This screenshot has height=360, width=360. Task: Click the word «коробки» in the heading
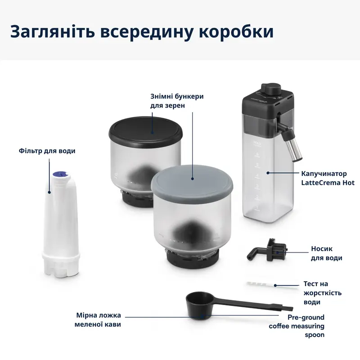[x=236, y=32]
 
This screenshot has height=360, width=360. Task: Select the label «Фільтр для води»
[x=47, y=151]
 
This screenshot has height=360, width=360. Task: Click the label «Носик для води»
[x=327, y=253]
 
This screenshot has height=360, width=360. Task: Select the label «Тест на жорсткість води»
[x=322, y=293]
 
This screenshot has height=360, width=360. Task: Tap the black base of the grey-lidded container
[x=194, y=258]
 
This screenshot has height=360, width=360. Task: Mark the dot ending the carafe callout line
[x=268, y=172]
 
